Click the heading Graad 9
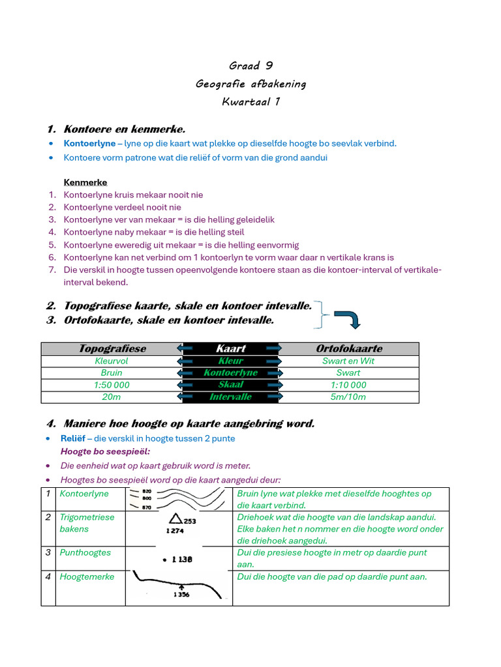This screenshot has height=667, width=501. (250, 66)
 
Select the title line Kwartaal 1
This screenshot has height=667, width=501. (250, 102)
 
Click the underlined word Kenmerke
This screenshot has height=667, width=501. (85, 182)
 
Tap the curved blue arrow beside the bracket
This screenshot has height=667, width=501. (348, 319)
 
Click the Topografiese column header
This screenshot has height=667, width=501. (112, 348)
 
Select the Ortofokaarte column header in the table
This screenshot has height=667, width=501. (349, 348)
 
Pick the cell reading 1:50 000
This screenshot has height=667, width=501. (112, 385)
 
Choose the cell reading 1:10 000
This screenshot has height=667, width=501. (349, 385)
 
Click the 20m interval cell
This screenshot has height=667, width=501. (112, 397)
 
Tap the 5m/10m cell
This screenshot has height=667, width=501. (349, 397)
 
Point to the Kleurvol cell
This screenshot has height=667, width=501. (112, 361)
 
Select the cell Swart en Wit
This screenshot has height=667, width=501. (349, 361)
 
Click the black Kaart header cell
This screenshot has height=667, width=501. (231, 348)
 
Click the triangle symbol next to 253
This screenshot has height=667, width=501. (175, 519)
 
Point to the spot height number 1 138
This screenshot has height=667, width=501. (177, 559)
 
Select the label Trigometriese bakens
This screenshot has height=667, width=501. (87, 523)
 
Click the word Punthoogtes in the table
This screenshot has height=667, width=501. (85, 552)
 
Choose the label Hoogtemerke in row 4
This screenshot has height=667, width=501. (87, 576)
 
